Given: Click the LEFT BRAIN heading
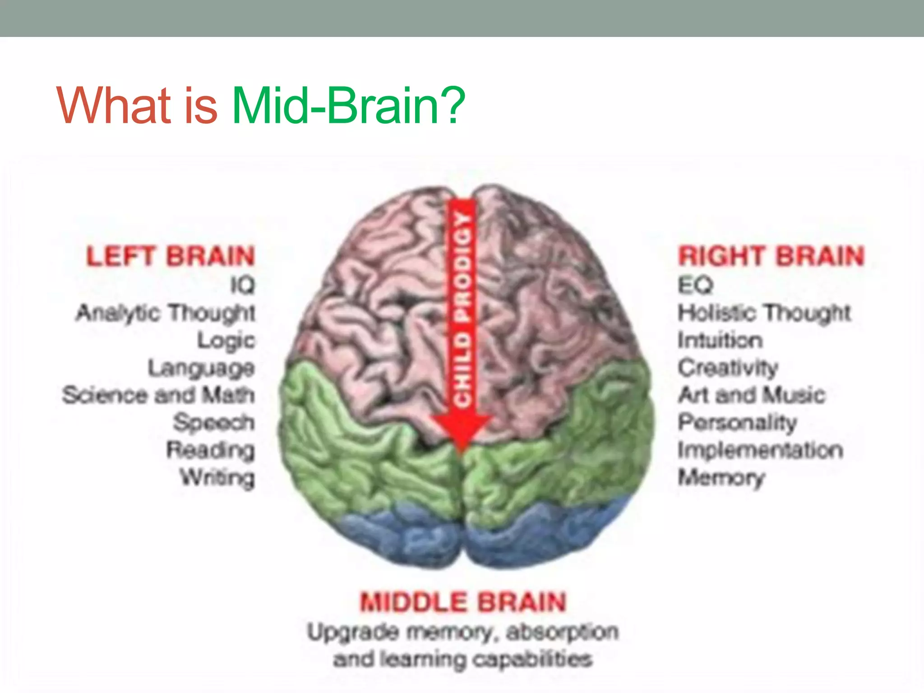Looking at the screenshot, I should click(171, 256).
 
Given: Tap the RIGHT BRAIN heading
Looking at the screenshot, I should click(771, 256).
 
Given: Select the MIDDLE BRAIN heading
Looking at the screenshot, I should click(462, 602).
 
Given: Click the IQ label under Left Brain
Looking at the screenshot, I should click(243, 285).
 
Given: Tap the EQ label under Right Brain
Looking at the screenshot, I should click(695, 285).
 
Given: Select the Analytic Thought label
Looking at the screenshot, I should click(166, 313).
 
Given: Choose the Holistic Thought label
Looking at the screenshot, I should click(764, 313).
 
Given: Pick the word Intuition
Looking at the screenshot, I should click(720, 340).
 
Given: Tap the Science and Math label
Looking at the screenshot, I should click(158, 395).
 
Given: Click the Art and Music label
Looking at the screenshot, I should click(752, 395).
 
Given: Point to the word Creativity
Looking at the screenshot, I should click(728, 368).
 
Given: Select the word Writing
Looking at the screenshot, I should click(217, 477).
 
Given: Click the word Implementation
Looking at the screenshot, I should click(760, 450).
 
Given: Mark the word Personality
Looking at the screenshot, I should click(737, 423).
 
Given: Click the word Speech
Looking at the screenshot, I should click(214, 423).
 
